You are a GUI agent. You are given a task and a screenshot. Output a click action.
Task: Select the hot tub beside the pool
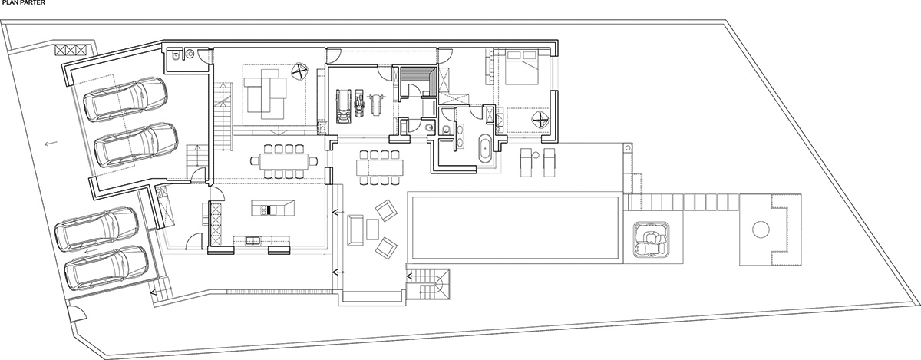tap(652, 239)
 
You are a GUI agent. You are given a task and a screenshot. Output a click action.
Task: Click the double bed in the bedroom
tap(521, 67)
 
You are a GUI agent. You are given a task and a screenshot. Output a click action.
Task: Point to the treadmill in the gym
tap(343, 106)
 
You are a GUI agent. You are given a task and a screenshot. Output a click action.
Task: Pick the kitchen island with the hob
tap(273, 208)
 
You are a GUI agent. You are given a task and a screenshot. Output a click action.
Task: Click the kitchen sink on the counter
tap(253, 241)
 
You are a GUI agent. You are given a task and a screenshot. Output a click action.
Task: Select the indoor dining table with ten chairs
tap(284, 161)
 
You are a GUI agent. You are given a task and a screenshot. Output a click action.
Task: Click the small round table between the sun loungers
tap(536, 155)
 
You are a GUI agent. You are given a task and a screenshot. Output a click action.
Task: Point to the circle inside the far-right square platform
tap(761, 229)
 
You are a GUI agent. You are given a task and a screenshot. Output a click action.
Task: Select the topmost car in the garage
tap(125, 99)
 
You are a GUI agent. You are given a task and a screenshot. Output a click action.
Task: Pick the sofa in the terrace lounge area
tap(355, 230)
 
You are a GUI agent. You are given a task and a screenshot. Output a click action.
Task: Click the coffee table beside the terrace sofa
tap(372, 230)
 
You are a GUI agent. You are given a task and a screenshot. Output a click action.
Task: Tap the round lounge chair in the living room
tap(300, 71)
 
